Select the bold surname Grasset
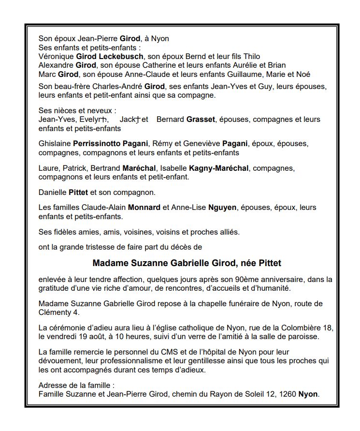(201, 119)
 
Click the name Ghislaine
(55, 144)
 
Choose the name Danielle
(53, 193)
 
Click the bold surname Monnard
(144, 208)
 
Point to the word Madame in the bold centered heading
(109, 263)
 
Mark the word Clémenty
(54, 312)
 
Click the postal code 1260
(287, 394)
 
